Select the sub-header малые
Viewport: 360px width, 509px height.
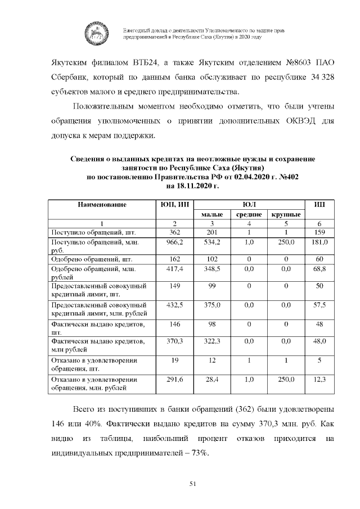pos(211,214)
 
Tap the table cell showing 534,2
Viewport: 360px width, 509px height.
pos(211,242)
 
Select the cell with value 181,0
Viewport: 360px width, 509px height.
pos(319,242)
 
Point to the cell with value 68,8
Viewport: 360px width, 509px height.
pos(319,270)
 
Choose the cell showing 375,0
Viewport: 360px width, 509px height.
pos(211,305)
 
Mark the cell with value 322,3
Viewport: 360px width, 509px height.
pos(211,341)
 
